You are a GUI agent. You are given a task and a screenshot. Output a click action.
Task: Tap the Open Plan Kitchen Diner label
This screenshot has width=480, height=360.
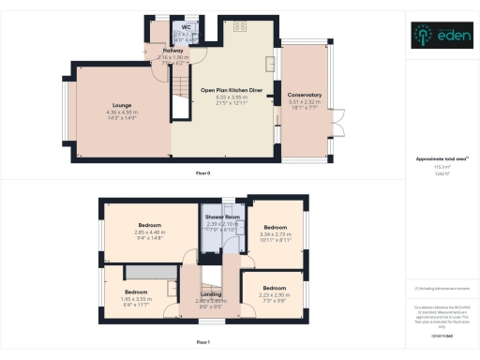(222, 90)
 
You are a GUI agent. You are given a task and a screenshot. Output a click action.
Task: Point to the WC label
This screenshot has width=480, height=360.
(186, 27)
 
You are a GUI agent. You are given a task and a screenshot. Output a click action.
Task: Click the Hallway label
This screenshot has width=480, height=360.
(172, 51)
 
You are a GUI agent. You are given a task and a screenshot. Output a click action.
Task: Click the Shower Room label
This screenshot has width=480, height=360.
(223, 217)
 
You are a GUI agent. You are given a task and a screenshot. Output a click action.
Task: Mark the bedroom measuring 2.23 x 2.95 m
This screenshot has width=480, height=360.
(274, 288)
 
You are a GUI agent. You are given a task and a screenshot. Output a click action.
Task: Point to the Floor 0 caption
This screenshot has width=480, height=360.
(202, 174)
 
